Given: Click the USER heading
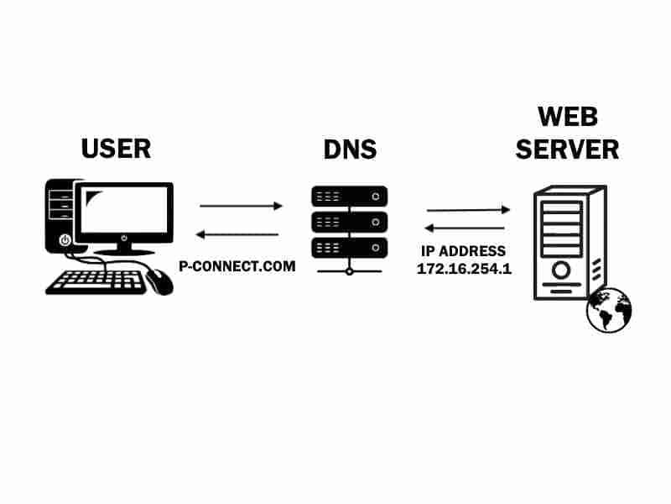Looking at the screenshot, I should point(116,150).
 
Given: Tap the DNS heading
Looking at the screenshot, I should point(350,151).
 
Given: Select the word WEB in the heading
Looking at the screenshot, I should point(567,116).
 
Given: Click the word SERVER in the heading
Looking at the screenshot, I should point(567,150).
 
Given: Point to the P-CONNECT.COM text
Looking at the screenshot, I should point(237,266).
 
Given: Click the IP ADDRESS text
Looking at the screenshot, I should point(463,250).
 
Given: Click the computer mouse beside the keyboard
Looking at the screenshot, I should point(159,281).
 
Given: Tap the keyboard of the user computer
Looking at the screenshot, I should point(95,281).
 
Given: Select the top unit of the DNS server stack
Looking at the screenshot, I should point(350,197).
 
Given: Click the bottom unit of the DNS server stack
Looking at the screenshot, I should point(350,247).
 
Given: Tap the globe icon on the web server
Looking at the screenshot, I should point(608,308).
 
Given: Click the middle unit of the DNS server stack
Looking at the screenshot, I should point(350,222).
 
